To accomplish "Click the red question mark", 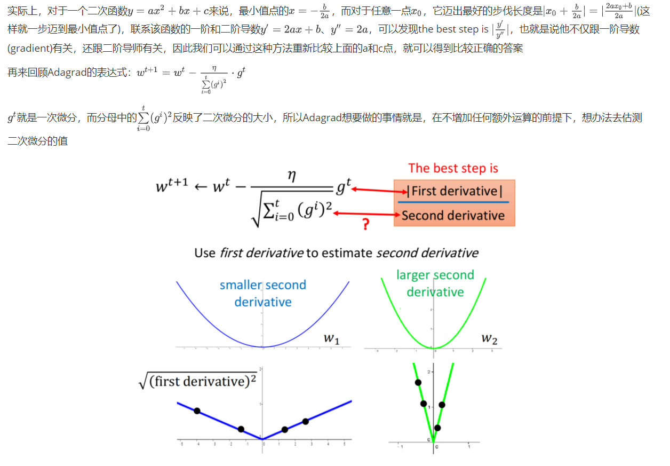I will click(365, 225).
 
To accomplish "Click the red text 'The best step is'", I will click(453, 169).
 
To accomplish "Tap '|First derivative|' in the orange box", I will click(454, 191).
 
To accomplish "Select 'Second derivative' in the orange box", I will click(453, 216).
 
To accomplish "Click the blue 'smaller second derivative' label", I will click(263, 294).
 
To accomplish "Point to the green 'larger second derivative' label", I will click(435, 283).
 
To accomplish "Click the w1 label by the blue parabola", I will click(331, 338).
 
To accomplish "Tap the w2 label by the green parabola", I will click(489, 338).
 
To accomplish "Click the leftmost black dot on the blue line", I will click(197, 411).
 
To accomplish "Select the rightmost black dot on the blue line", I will click(305, 422).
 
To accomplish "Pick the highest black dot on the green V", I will click(418, 382).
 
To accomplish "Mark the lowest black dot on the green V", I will click(437, 428).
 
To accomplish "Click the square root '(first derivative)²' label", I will click(197, 381).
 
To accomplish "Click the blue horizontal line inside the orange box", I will click(453, 202).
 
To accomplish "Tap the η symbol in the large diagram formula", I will click(291, 177).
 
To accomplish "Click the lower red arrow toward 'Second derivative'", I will click(368, 215).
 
